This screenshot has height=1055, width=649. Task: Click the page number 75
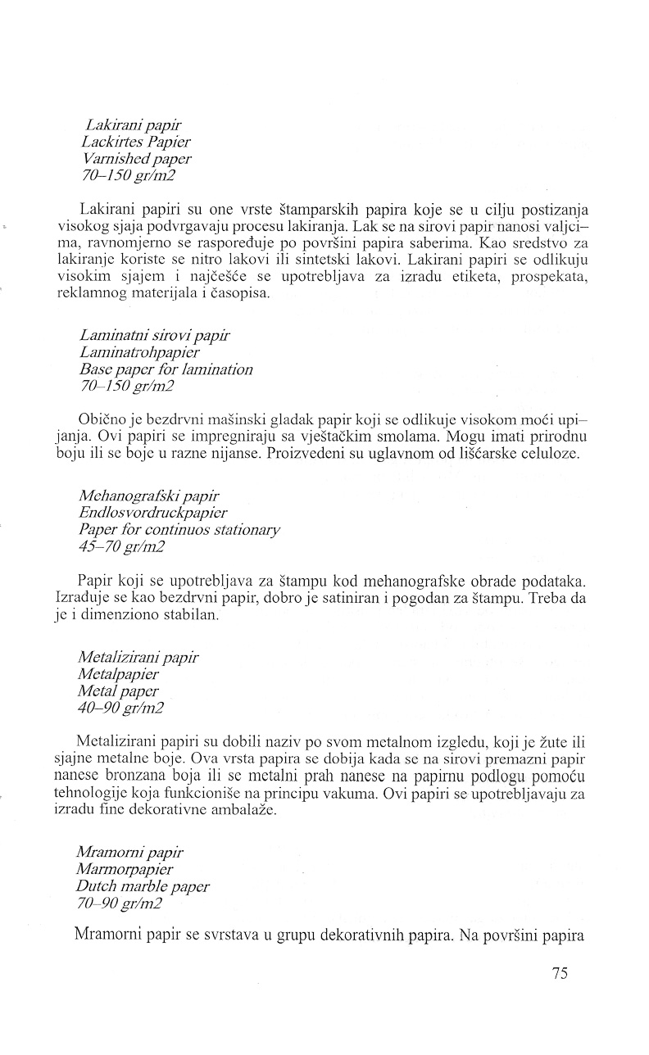pyautogui.click(x=560, y=973)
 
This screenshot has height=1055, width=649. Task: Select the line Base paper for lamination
pyautogui.click(x=166, y=369)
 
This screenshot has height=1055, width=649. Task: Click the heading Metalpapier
pyautogui.click(x=119, y=673)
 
